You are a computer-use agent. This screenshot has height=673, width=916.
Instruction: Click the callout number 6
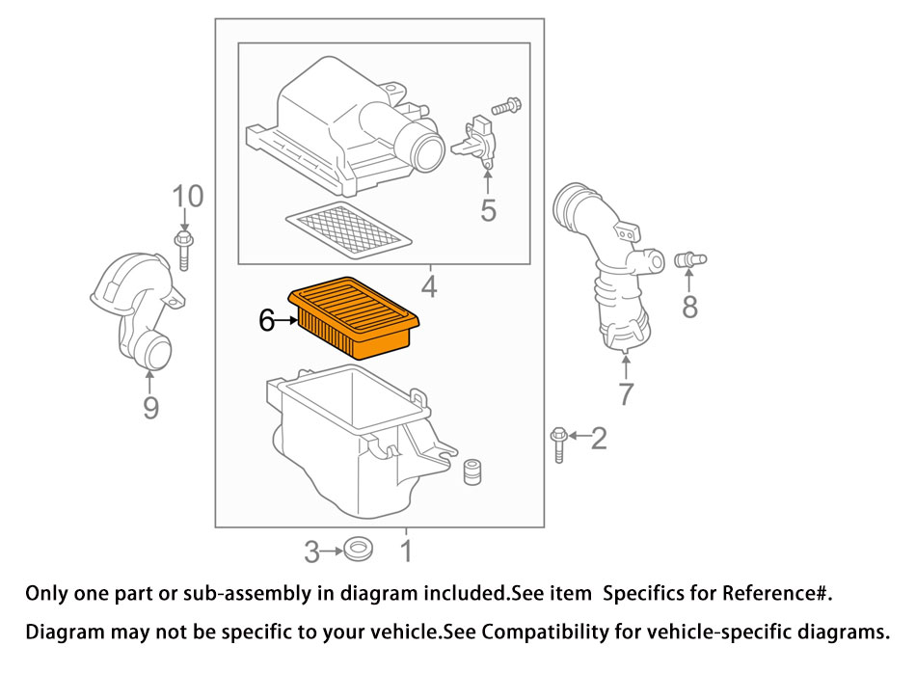tap(267, 321)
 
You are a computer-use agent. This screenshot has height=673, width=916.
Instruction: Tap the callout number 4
tap(428, 286)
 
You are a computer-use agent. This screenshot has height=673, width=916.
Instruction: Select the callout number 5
tap(489, 209)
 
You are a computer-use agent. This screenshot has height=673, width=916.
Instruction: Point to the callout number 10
tap(188, 197)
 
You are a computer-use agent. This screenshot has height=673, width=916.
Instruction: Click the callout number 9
tap(150, 409)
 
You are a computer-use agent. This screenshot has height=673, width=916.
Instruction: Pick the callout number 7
tap(626, 393)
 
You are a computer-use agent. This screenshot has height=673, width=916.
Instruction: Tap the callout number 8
tap(689, 308)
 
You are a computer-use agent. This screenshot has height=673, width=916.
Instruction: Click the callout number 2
tap(599, 440)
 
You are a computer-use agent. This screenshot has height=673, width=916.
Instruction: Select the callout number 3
tap(311, 552)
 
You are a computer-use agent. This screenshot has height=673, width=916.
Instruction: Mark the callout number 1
tap(406, 552)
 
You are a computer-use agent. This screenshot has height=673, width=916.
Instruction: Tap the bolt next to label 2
tap(558, 444)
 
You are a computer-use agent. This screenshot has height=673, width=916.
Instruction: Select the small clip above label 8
tap(690, 258)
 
